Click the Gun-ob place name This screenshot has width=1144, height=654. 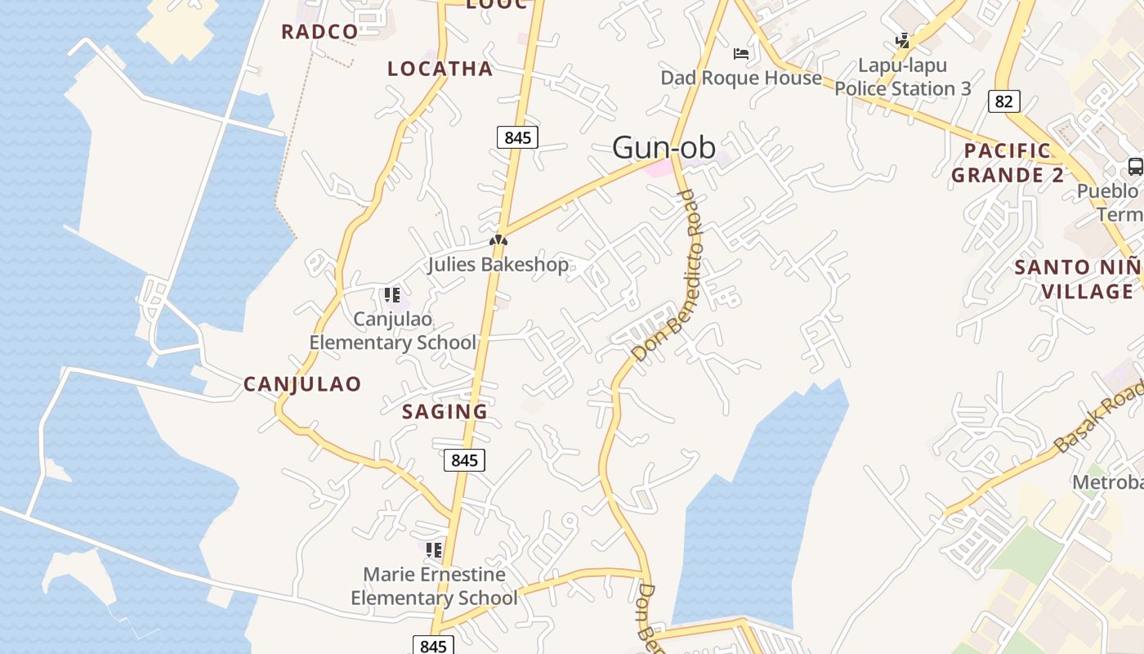point(664,147)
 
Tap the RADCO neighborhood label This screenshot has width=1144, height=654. point(320,32)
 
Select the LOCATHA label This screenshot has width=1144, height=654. point(440,69)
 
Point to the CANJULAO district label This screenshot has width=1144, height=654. point(302,384)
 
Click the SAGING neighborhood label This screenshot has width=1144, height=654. point(445,412)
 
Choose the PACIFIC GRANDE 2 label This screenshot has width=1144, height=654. point(1008,163)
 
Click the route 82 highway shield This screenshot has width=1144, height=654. point(1004,101)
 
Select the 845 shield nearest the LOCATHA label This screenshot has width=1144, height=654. point(517,137)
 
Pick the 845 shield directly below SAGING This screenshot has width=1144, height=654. point(464,460)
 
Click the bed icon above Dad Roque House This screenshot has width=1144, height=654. point(741,54)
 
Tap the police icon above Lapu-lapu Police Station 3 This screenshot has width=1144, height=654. point(902,40)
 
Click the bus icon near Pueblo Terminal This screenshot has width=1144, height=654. point(1135,167)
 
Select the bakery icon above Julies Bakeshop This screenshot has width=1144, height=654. point(498,240)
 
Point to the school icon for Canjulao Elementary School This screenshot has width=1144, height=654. point(391,294)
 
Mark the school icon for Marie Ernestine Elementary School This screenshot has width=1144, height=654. point(433,549)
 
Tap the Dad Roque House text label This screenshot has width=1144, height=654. point(741,78)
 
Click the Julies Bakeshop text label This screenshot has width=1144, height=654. point(498,265)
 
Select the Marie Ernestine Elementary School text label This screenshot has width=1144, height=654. point(434,586)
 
